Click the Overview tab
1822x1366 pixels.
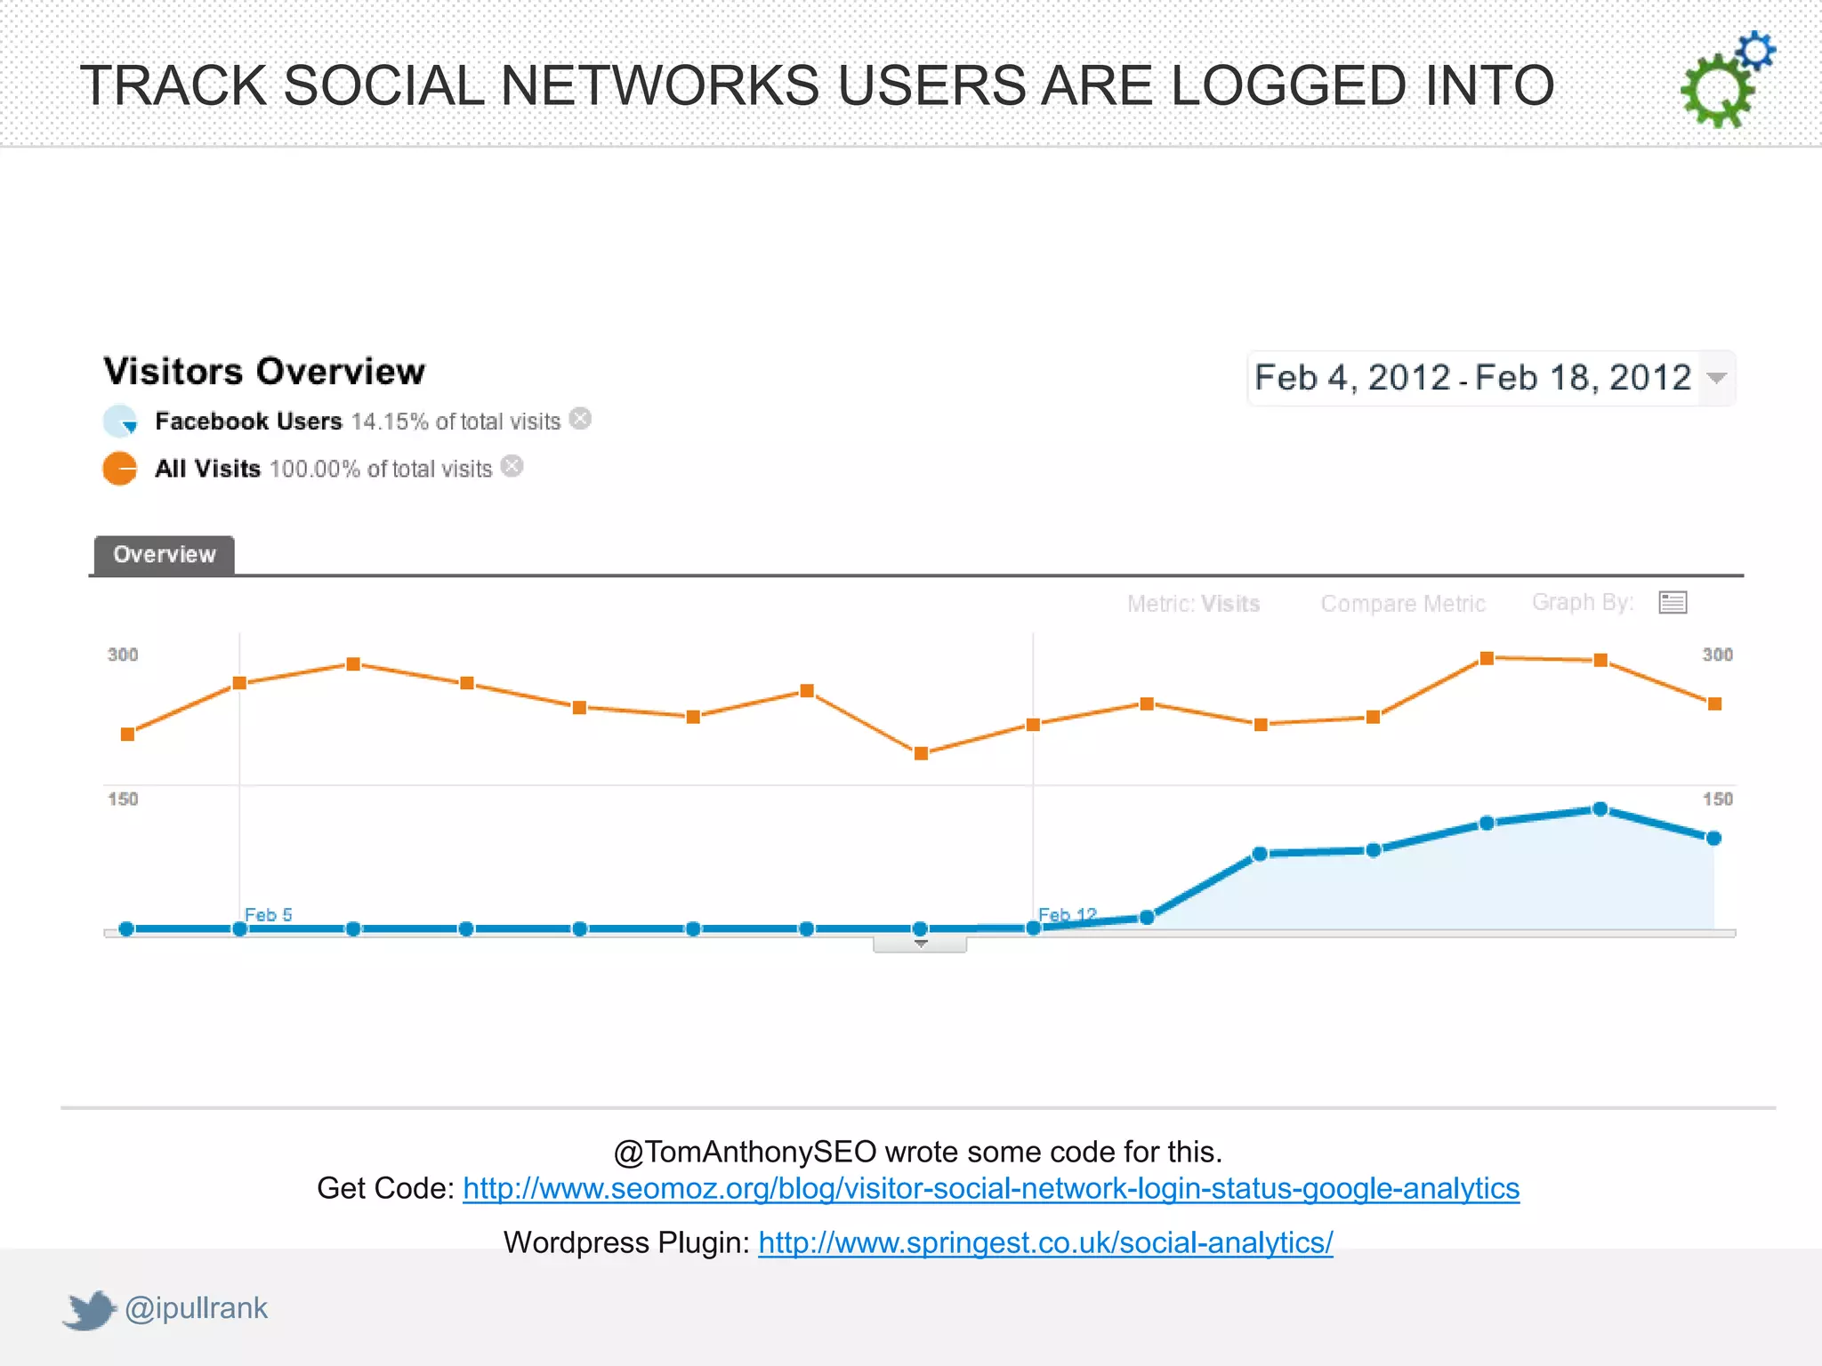pyautogui.click(x=165, y=555)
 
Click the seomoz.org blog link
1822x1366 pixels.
pyautogui.click(x=990, y=1189)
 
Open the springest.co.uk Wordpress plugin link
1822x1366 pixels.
pyautogui.click(x=1045, y=1243)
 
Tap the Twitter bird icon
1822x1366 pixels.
pyautogui.click(x=90, y=1309)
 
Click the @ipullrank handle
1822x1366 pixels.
pyautogui.click(x=196, y=1308)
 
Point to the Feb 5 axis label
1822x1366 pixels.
pyautogui.click(x=268, y=914)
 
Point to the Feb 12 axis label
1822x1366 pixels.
pyautogui.click(x=1067, y=914)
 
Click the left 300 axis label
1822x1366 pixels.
pyautogui.click(x=123, y=655)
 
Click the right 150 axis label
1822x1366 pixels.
pyautogui.click(x=1717, y=799)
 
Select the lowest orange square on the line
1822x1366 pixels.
pyautogui.click(x=922, y=753)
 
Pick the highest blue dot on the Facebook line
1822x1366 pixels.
pyautogui.click(x=1600, y=809)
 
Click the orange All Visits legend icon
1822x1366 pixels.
pyautogui.click(x=120, y=469)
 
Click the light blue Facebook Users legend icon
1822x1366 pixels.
pyautogui.click(x=120, y=421)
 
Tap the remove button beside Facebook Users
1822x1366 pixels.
pyautogui.click(x=580, y=419)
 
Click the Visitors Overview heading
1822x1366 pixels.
pyautogui.click(x=264, y=372)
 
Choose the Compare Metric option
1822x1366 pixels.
pyautogui.click(x=1403, y=604)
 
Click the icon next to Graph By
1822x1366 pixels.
pyautogui.click(x=1673, y=603)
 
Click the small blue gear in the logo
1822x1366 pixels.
pyautogui.click(x=1755, y=51)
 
